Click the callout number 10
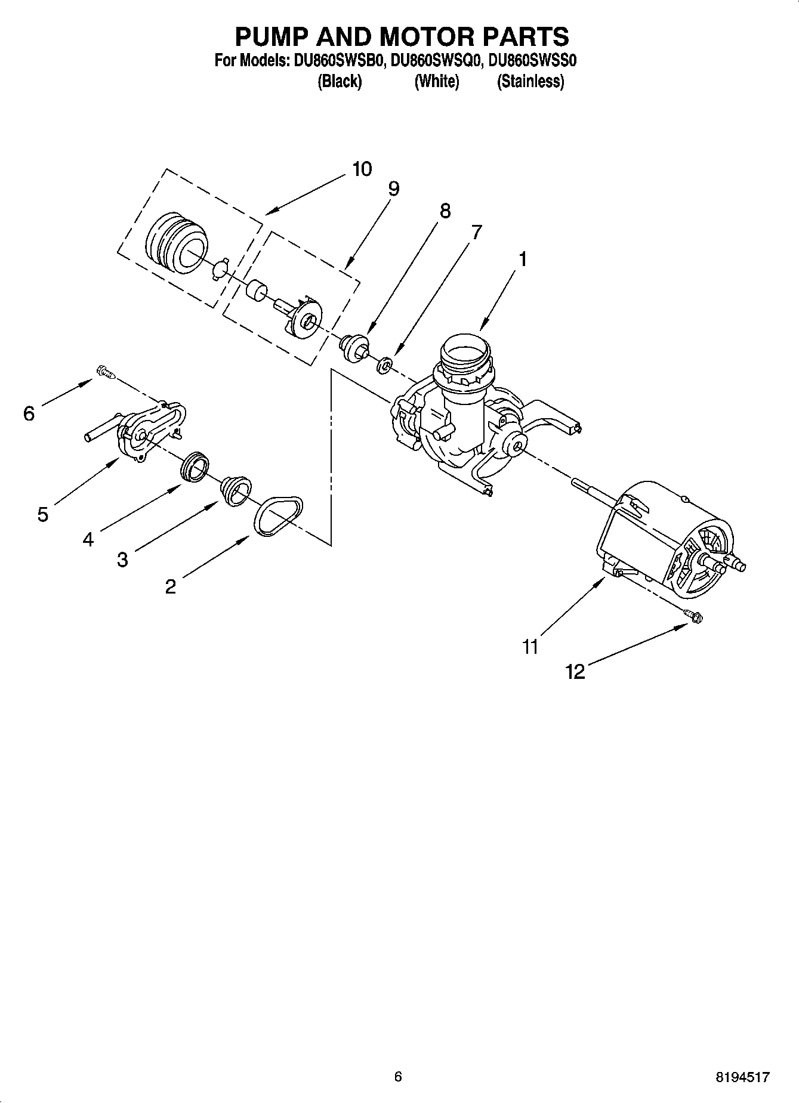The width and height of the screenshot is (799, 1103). click(x=362, y=169)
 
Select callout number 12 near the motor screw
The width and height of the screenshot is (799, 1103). click(x=575, y=672)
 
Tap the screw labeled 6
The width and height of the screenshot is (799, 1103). click(x=106, y=373)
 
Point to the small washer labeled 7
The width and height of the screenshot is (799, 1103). click(x=385, y=364)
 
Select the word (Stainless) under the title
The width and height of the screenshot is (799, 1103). click(x=530, y=82)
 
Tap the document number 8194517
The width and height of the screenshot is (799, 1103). click(x=743, y=1077)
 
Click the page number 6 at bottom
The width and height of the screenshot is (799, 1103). click(x=399, y=1076)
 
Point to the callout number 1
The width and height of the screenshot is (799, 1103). click(x=523, y=259)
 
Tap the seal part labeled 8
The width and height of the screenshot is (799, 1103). click(x=354, y=347)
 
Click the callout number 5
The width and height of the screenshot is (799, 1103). click(x=42, y=514)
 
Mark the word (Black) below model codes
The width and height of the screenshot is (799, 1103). click(x=339, y=82)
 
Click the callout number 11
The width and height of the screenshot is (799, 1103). click(x=530, y=647)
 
